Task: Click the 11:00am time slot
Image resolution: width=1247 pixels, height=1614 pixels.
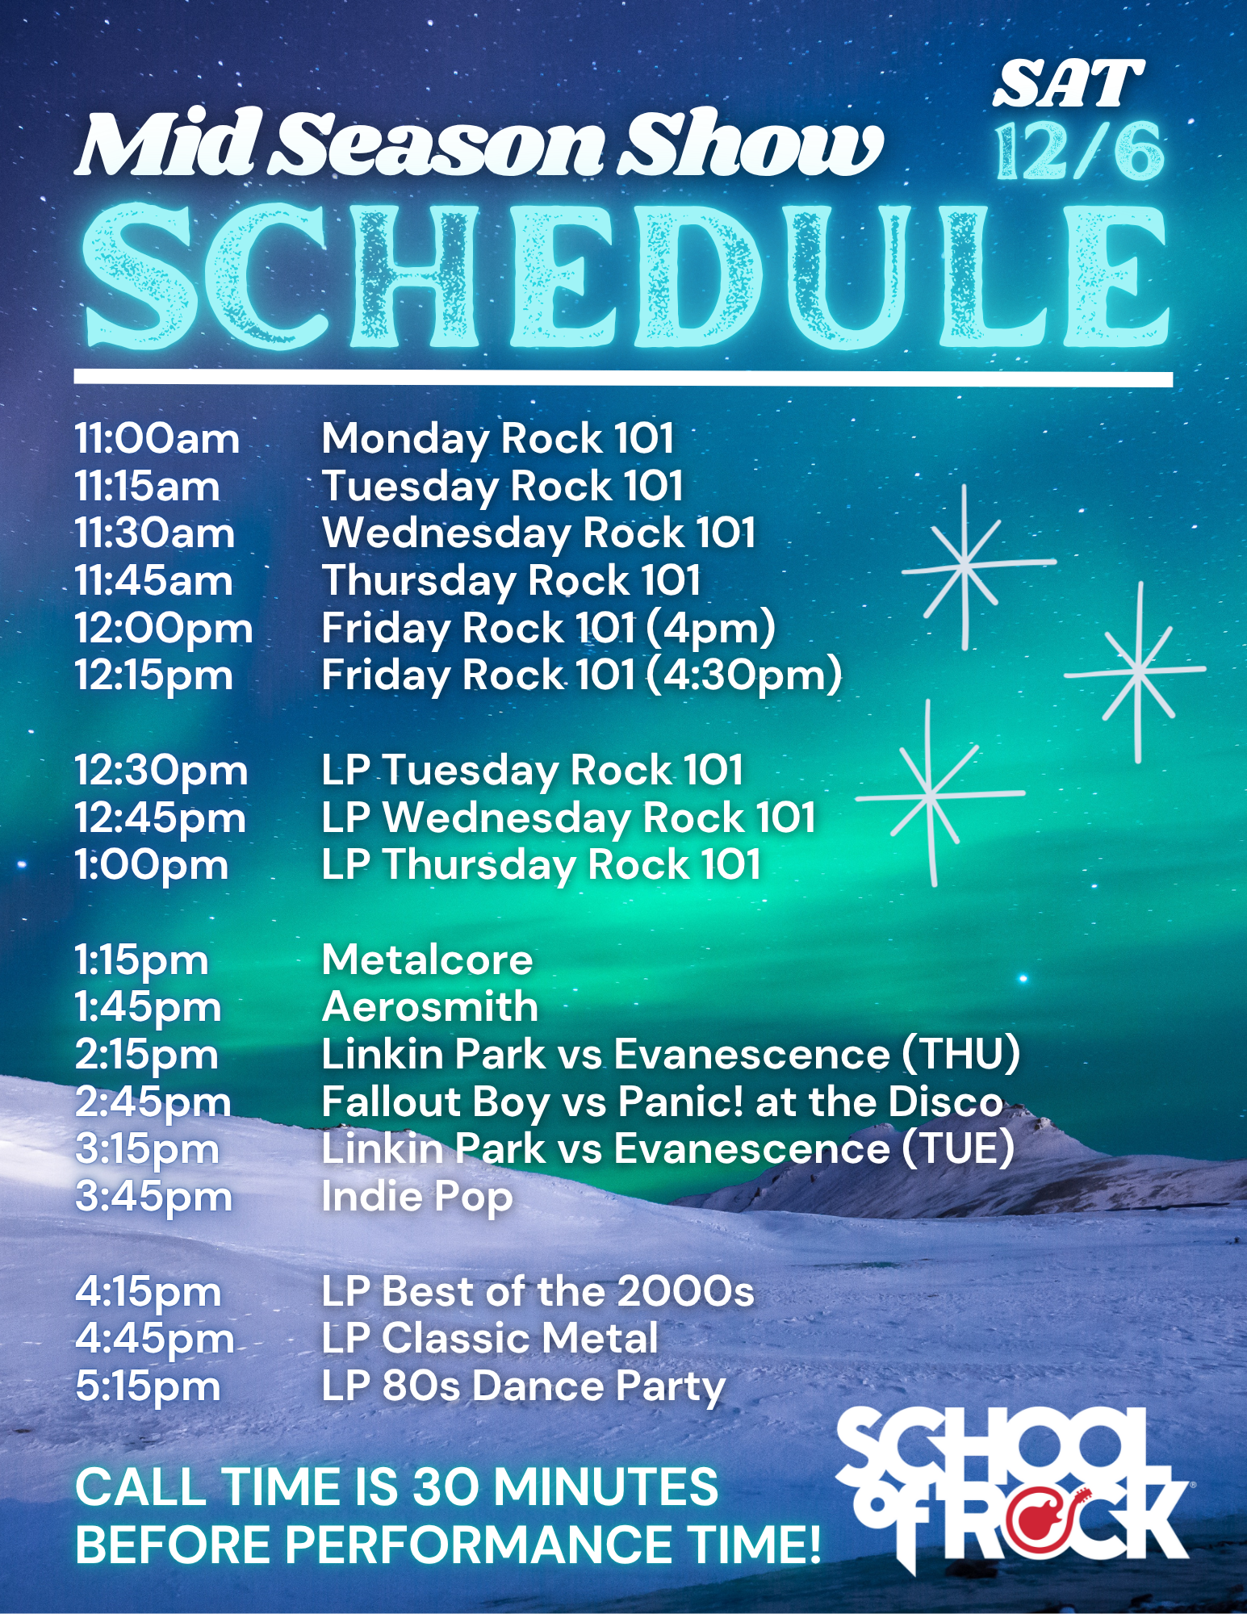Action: (x=157, y=439)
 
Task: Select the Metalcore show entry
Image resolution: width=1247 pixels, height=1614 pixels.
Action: (x=427, y=960)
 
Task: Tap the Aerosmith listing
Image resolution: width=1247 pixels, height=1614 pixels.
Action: (x=430, y=1007)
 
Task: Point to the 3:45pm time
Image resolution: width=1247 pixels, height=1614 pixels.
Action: (x=153, y=1198)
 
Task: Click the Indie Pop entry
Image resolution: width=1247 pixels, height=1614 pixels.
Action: (x=417, y=1198)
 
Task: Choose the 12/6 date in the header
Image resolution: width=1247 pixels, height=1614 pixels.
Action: (x=1080, y=152)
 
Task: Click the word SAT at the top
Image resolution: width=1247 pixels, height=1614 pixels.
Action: (x=1068, y=85)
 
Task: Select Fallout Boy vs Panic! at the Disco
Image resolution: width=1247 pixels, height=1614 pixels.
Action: (x=663, y=1102)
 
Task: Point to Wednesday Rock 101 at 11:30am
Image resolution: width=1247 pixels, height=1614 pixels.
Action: (x=539, y=533)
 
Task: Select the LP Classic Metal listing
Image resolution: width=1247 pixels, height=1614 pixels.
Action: (x=490, y=1340)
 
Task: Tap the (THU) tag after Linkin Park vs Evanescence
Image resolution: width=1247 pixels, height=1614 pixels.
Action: (x=960, y=1055)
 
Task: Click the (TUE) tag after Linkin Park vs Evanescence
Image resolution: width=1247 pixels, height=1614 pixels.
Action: (x=957, y=1149)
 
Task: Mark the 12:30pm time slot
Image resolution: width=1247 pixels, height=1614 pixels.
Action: (x=161, y=771)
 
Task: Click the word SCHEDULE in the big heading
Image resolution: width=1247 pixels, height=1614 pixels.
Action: (x=626, y=277)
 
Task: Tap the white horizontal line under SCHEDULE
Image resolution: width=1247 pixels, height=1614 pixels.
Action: (x=623, y=378)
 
